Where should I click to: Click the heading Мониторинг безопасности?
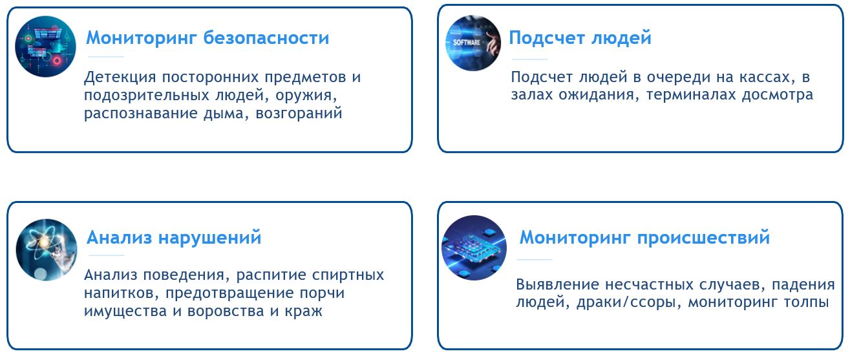tap(207, 38)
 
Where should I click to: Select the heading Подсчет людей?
tap(580, 38)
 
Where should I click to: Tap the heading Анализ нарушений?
tap(174, 238)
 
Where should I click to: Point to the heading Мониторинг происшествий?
tap(644, 238)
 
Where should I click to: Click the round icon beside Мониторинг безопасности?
tap(45, 47)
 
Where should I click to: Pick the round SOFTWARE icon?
tap(473, 43)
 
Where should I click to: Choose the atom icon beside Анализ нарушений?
tap(47, 249)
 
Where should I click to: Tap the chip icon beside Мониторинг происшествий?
tap(474, 248)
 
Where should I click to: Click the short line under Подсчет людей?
tap(529, 59)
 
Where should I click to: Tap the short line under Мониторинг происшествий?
tap(534, 260)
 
